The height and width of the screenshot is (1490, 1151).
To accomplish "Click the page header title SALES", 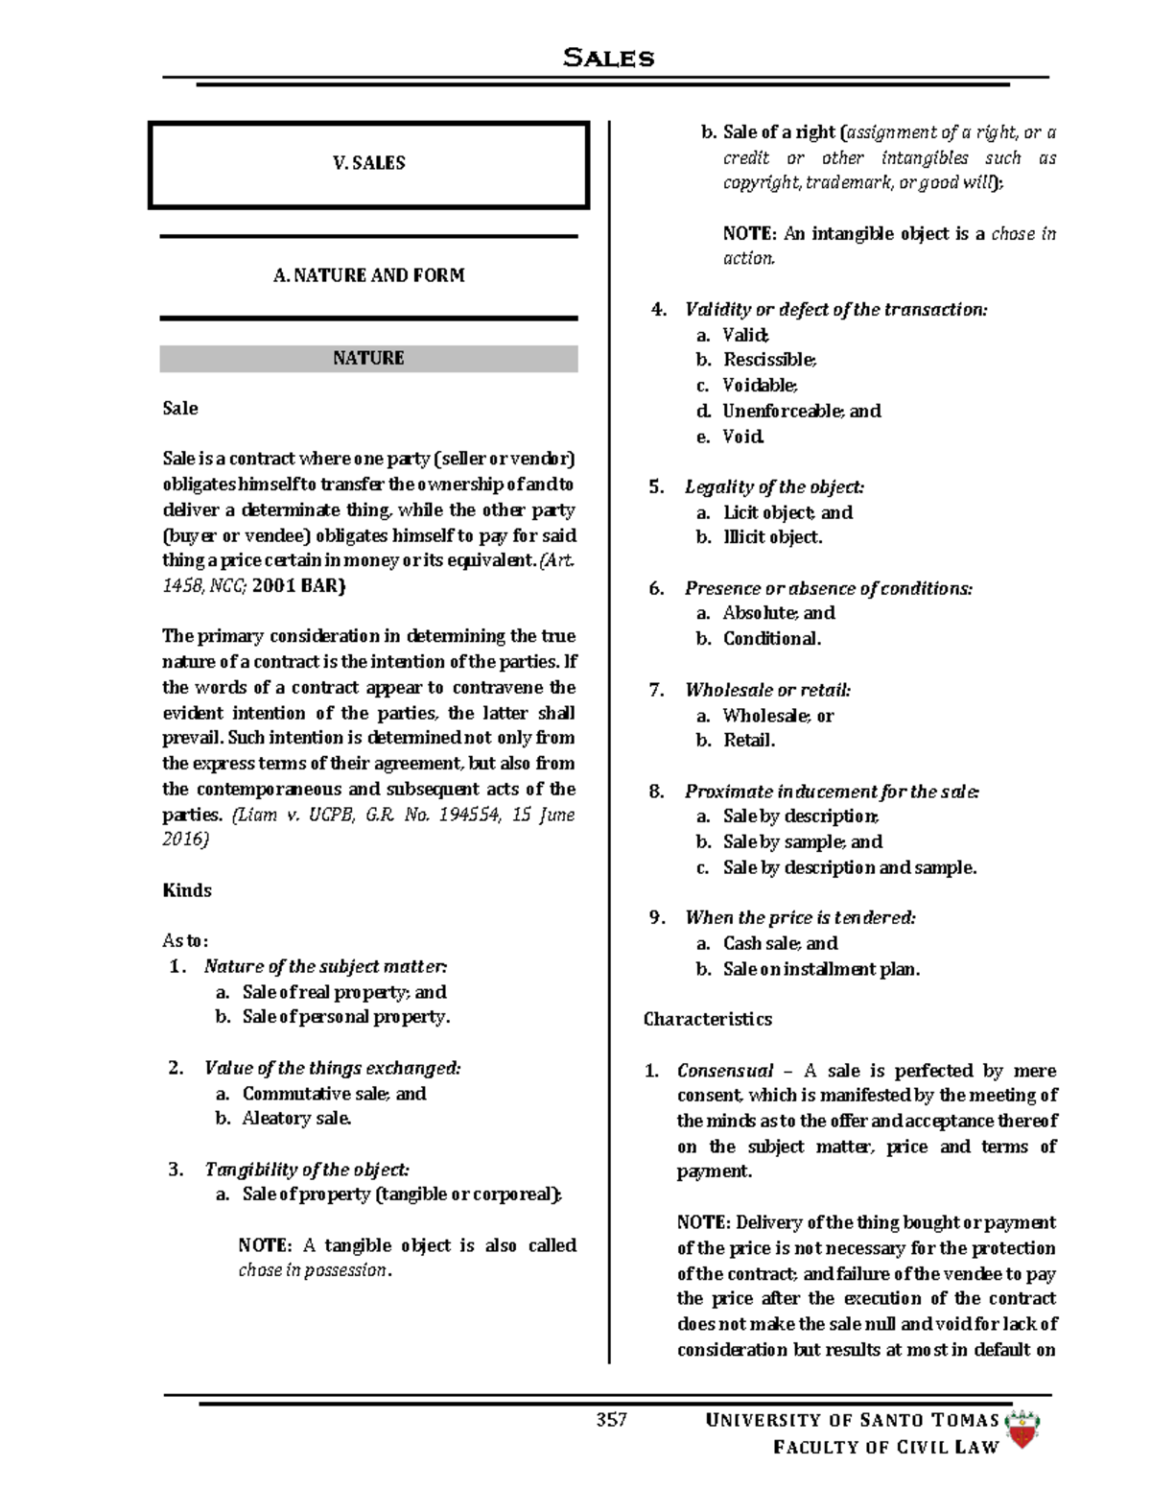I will pyautogui.click(x=608, y=58).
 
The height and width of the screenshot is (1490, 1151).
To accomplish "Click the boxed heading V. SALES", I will pyautogui.click(x=368, y=163).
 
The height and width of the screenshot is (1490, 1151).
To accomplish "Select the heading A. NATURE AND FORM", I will pyautogui.click(x=368, y=275).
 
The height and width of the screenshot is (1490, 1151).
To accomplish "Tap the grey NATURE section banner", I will pyautogui.click(x=368, y=358).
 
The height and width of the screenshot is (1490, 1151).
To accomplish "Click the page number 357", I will pyautogui.click(x=611, y=1420).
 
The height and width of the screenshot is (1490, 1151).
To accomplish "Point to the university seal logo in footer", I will pyautogui.click(x=1023, y=1430).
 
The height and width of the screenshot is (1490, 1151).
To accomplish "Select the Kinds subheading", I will pyautogui.click(x=187, y=890).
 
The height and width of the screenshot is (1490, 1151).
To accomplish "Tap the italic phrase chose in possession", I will pyautogui.click(x=315, y=1270).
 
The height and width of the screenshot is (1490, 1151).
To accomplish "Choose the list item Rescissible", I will pyautogui.click(x=769, y=360).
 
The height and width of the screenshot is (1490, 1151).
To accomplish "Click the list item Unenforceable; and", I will pyautogui.click(x=801, y=411).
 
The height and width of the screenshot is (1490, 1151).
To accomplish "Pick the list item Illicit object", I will pyautogui.click(x=772, y=537).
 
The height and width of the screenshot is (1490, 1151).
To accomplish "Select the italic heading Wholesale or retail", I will pyautogui.click(x=767, y=690).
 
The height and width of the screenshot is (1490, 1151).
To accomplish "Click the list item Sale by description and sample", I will pyautogui.click(x=849, y=867).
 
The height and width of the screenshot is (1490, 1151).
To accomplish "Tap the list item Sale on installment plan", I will pyautogui.click(x=821, y=969).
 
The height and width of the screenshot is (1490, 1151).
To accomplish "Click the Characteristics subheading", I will pyautogui.click(x=707, y=1019).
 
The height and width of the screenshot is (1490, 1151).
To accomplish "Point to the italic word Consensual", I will pyautogui.click(x=724, y=1071).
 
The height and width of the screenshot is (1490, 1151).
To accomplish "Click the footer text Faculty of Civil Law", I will pyautogui.click(x=885, y=1447).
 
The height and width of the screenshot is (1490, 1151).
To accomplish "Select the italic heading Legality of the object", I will pyautogui.click(x=774, y=487).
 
